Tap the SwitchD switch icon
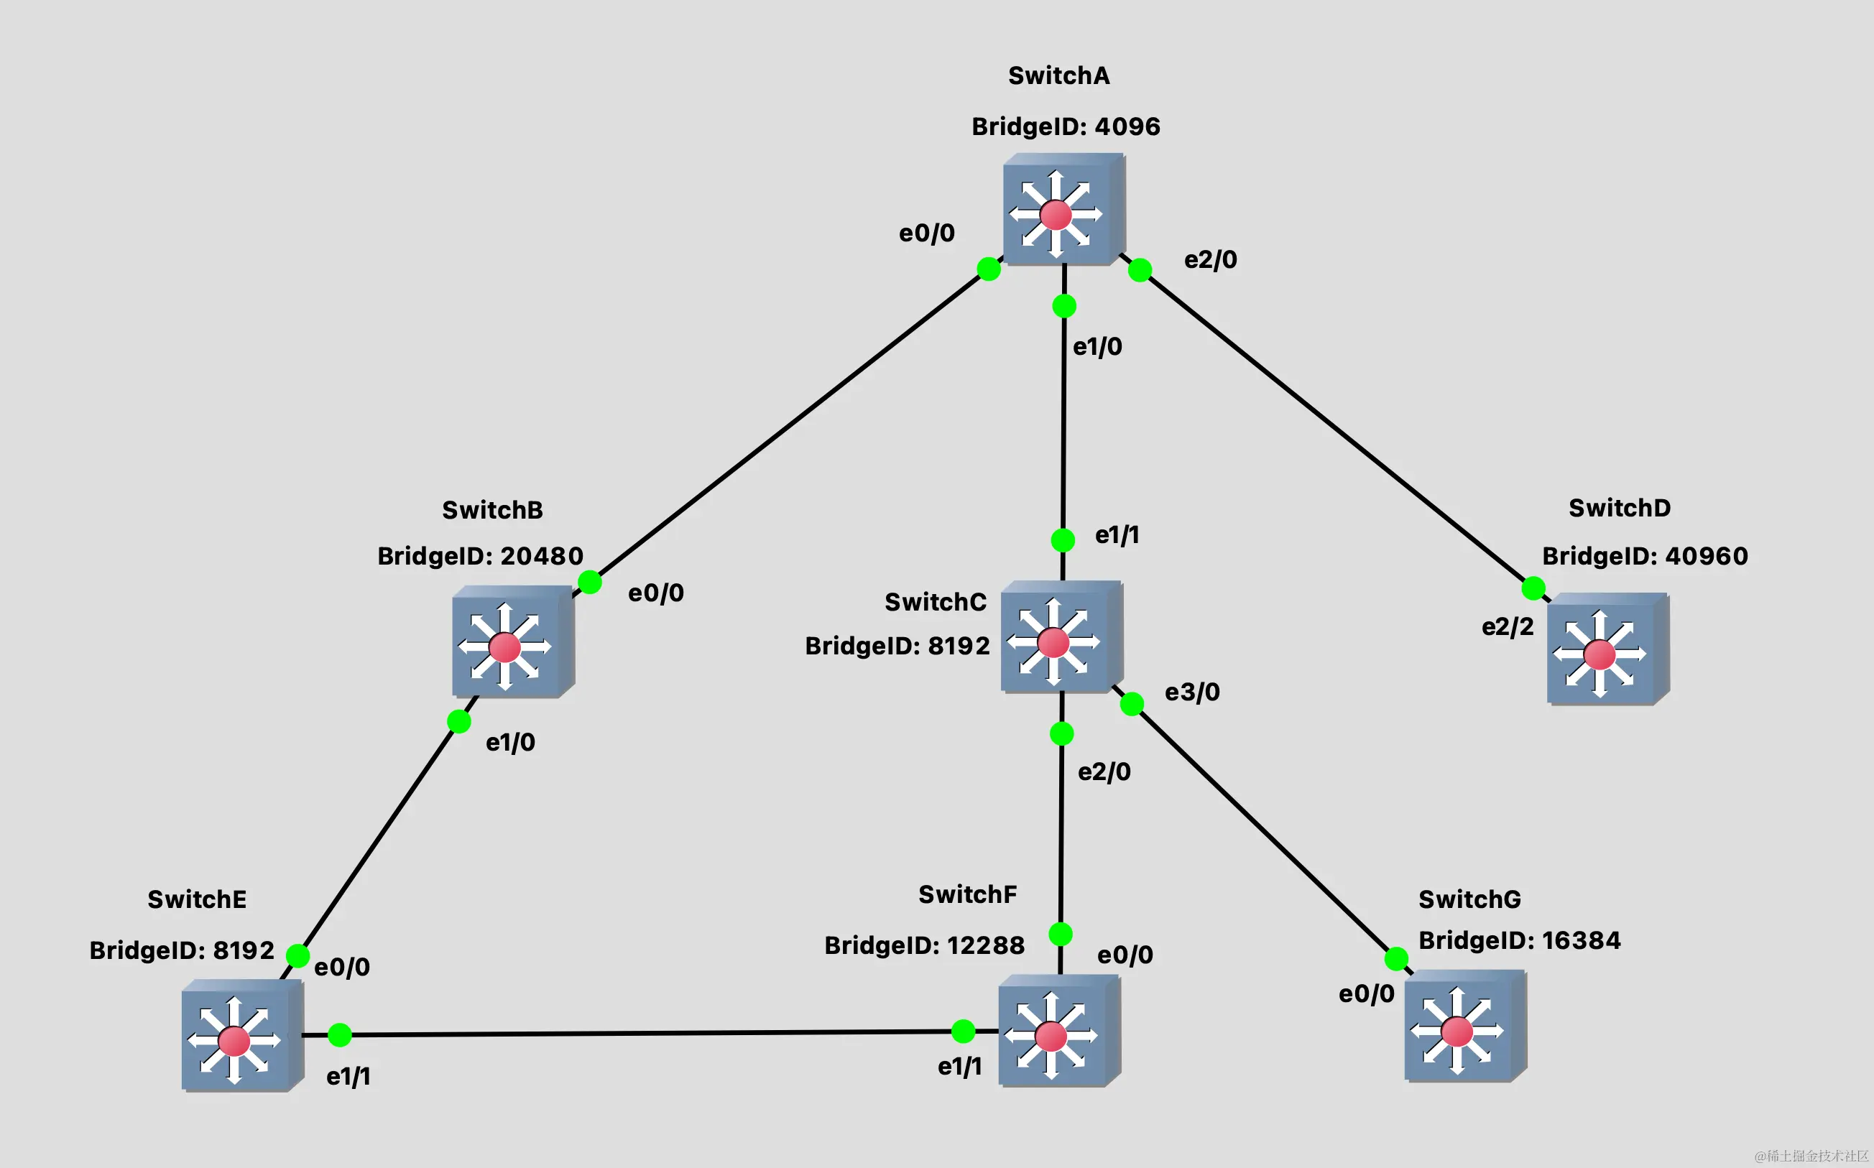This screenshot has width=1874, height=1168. [x=1606, y=649]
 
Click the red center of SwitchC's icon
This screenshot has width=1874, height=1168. [x=1053, y=642]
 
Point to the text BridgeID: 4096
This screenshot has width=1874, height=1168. [x=1065, y=126]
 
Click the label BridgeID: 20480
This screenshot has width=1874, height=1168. [x=480, y=556]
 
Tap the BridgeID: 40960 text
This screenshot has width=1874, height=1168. [x=1645, y=556]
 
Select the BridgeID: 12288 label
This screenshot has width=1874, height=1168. [x=924, y=945]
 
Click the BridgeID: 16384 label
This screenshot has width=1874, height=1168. [x=1518, y=941]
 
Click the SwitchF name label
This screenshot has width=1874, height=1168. [x=966, y=894]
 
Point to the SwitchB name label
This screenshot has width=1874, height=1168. [x=492, y=511]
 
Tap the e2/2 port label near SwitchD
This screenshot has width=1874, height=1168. [x=1507, y=626]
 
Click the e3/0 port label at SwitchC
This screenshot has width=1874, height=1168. [x=1191, y=692]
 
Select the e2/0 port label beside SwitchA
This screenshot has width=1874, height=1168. [x=1210, y=259]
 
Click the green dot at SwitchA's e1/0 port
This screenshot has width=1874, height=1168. [x=1064, y=307]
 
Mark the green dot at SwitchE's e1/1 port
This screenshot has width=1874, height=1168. [x=340, y=1035]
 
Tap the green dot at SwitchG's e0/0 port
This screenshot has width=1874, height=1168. [x=1395, y=960]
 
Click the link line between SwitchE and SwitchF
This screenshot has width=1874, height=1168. [x=649, y=1033]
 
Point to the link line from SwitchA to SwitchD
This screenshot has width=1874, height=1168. [x=1337, y=429]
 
